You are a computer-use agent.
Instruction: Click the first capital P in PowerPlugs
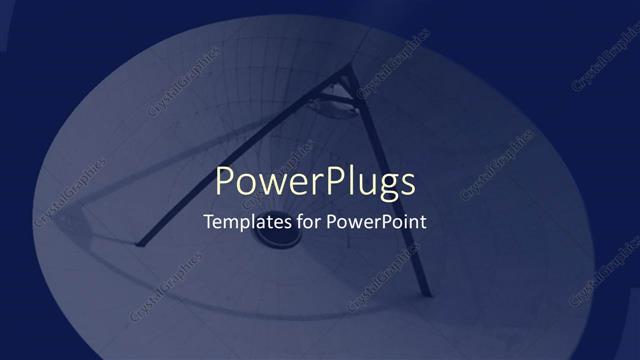pos(227,182)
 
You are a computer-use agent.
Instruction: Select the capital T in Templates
pos(208,222)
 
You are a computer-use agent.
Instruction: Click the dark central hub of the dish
pos(271,240)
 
